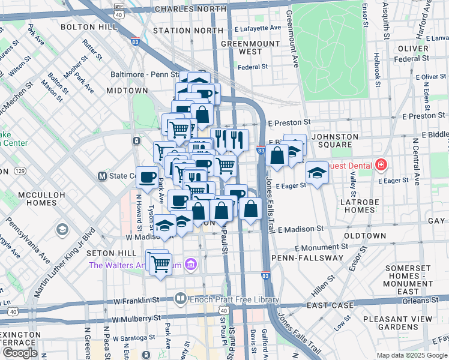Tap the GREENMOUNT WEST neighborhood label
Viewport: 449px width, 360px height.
pos(246,48)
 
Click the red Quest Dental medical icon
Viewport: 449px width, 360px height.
pos(381,164)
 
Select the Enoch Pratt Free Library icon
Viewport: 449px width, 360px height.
pos(181,298)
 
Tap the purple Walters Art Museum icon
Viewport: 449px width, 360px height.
pos(191,264)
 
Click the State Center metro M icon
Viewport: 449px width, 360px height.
pos(102,176)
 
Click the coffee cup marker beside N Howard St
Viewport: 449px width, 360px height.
pos(146,177)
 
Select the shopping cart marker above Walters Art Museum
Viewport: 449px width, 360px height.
pos(159,262)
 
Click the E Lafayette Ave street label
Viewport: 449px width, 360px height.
pos(258,28)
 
